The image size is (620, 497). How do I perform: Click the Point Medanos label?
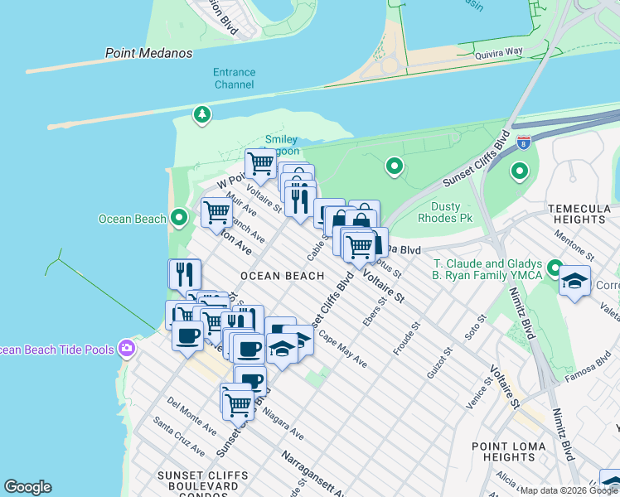(148, 53)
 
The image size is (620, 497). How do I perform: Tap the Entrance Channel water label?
(235, 79)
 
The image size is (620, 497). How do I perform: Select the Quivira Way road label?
(521, 51)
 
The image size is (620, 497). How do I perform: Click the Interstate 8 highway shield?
(523, 142)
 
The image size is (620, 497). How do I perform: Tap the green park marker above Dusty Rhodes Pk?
(395, 168)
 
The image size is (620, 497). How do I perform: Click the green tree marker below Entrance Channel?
(201, 114)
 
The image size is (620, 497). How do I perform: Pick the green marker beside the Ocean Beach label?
(179, 219)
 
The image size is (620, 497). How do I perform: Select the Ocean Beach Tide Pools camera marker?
(127, 347)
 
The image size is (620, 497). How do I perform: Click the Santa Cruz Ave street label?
(179, 437)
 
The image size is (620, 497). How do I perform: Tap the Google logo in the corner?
(27, 487)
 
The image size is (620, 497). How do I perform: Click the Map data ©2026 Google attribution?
(569, 490)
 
